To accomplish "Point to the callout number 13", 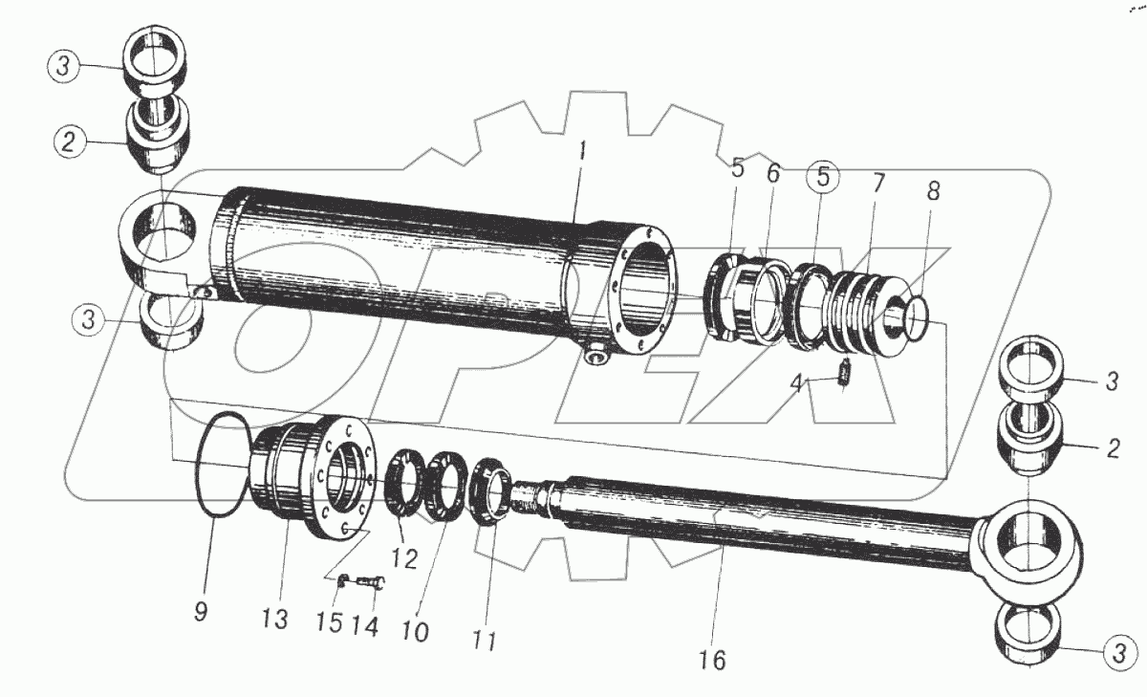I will (275, 620).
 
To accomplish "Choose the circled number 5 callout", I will (823, 178).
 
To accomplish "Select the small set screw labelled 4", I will (843, 372).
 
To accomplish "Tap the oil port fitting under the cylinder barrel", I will (598, 357).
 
